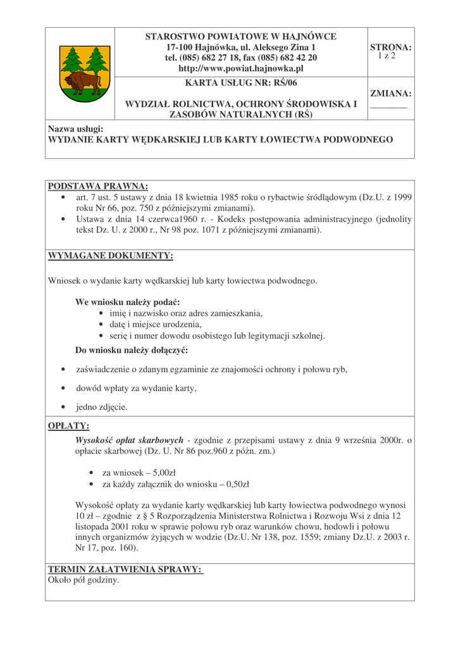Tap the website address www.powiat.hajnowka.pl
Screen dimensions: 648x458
[241, 68]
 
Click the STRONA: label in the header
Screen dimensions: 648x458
[390, 47]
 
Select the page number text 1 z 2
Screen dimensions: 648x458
[387, 56]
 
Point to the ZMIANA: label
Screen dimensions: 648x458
[390, 94]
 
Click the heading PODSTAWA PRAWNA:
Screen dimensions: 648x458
[98, 186]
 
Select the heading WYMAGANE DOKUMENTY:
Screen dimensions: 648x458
[111, 256]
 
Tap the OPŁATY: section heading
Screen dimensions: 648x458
[69, 426]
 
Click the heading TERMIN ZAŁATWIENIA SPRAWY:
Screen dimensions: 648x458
[125, 569]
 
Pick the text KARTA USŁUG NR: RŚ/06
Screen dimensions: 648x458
[241, 83]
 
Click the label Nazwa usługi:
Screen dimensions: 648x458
[75, 129]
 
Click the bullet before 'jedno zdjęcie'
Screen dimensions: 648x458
[63, 407]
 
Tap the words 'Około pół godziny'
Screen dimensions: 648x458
[84, 580]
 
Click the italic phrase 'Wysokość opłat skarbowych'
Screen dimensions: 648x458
[129, 440]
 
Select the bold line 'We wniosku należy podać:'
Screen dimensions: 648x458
[127, 302]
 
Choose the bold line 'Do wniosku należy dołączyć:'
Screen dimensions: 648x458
[132, 350]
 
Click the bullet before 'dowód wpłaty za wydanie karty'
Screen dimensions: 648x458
[63, 388]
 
